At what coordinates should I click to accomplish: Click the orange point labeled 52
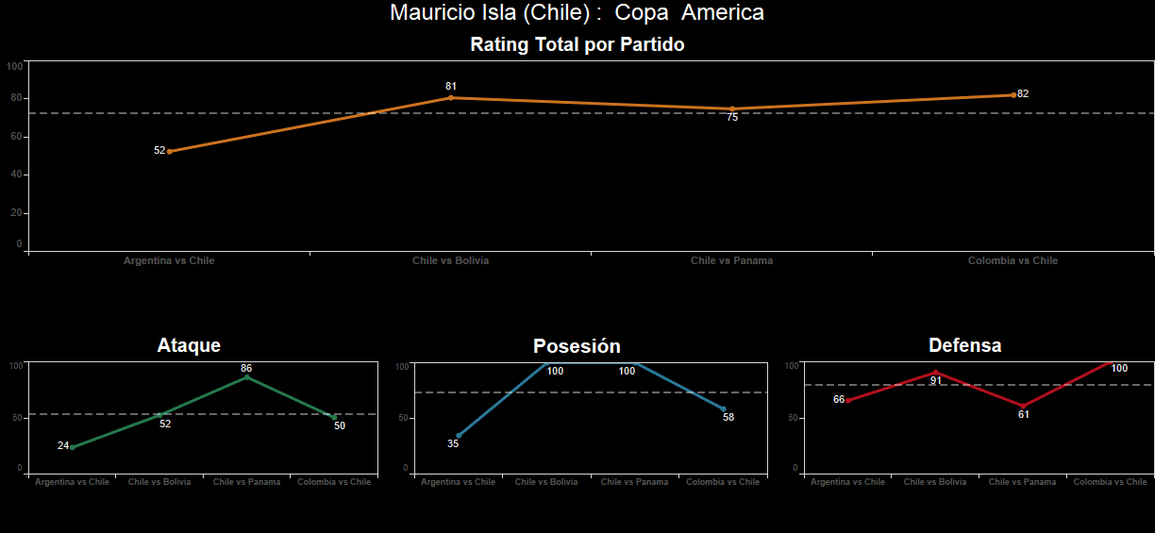coord(170,151)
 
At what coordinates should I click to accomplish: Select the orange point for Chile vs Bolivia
coord(451,97)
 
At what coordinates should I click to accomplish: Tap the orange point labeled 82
coord(1013,94)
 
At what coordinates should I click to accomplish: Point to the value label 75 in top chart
coord(732,118)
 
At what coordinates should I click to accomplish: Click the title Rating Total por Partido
coord(577,44)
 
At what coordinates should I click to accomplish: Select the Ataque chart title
coord(189,345)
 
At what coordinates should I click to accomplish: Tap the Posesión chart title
coord(577,346)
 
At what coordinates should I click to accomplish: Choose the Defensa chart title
coord(964,345)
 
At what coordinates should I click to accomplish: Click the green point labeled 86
coord(247,376)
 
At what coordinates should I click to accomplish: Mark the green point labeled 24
coord(73,446)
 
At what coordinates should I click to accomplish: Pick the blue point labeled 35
coord(459,436)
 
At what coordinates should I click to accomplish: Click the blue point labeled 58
coord(723,409)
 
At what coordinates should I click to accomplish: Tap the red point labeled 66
coord(847,400)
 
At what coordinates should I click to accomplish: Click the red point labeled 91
coord(935,372)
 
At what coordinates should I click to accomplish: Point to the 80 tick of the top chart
coord(16,98)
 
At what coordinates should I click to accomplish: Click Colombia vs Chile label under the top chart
coord(1013,260)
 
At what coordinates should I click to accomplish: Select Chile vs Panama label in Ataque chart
coord(246,482)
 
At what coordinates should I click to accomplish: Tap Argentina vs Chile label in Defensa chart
coord(847,482)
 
